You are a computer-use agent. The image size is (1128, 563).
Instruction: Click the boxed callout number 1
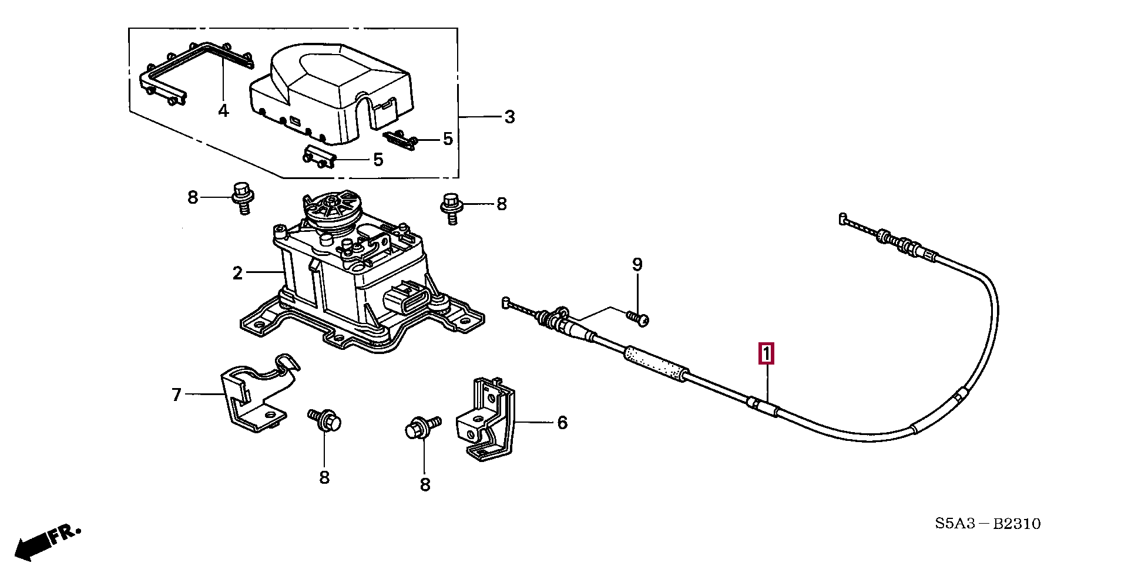766,354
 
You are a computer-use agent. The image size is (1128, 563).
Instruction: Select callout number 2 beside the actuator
237,273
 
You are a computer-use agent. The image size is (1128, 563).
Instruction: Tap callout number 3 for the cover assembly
509,117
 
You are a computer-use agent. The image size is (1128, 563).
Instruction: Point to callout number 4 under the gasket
223,110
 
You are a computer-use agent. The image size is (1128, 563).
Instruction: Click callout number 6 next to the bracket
562,422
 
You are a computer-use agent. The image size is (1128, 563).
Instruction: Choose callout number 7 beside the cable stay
176,395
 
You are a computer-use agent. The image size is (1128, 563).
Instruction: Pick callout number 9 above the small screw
637,265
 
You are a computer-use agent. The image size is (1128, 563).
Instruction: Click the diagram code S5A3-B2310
988,523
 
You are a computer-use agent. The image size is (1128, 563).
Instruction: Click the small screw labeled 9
637,318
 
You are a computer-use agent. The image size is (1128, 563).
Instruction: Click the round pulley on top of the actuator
332,210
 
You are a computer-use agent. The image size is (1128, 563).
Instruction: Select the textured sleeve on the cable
656,364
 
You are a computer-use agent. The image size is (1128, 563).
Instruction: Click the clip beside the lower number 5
319,157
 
